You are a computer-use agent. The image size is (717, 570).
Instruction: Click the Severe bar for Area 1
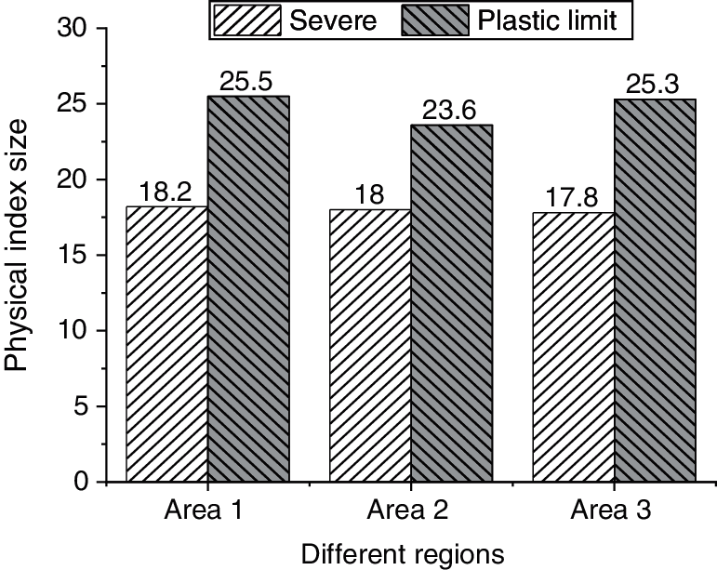(x=166, y=344)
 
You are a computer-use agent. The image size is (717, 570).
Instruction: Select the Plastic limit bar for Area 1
(x=249, y=289)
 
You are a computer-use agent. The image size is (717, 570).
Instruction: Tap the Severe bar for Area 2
(x=368, y=346)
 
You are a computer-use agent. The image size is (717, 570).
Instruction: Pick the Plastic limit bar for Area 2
(x=451, y=303)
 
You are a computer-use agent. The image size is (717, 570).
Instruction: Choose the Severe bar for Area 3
(x=571, y=347)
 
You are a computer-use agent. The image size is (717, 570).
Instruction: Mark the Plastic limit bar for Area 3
(x=654, y=290)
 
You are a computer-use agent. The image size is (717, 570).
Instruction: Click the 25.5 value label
(x=246, y=82)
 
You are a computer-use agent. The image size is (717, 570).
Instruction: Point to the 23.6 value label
(x=450, y=111)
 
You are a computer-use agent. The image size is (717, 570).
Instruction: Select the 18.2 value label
(x=167, y=192)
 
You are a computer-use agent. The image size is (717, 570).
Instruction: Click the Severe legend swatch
(x=246, y=20)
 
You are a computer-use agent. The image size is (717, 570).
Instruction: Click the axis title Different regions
(x=402, y=553)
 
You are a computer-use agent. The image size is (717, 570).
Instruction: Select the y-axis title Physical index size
(x=20, y=256)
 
